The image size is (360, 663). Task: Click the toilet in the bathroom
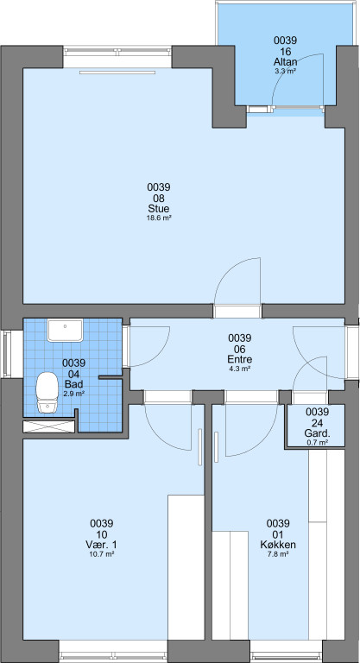point(47,393)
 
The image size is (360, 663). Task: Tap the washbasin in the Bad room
point(65,331)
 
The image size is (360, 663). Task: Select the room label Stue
point(159,209)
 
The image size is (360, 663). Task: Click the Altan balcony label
point(285,62)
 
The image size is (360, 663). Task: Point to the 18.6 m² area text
point(159,218)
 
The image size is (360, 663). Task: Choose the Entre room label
point(240,360)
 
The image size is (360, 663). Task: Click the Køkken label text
point(278,545)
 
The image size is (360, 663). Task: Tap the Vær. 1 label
point(102,545)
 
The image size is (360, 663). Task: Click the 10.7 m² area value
point(102,554)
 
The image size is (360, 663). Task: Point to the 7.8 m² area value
point(278,554)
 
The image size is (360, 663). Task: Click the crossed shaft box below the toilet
point(48,426)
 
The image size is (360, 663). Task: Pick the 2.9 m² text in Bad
point(73,394)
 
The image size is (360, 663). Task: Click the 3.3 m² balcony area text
point(285,72)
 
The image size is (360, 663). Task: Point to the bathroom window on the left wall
point(7,353)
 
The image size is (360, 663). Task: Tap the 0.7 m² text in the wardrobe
point(318,443)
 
